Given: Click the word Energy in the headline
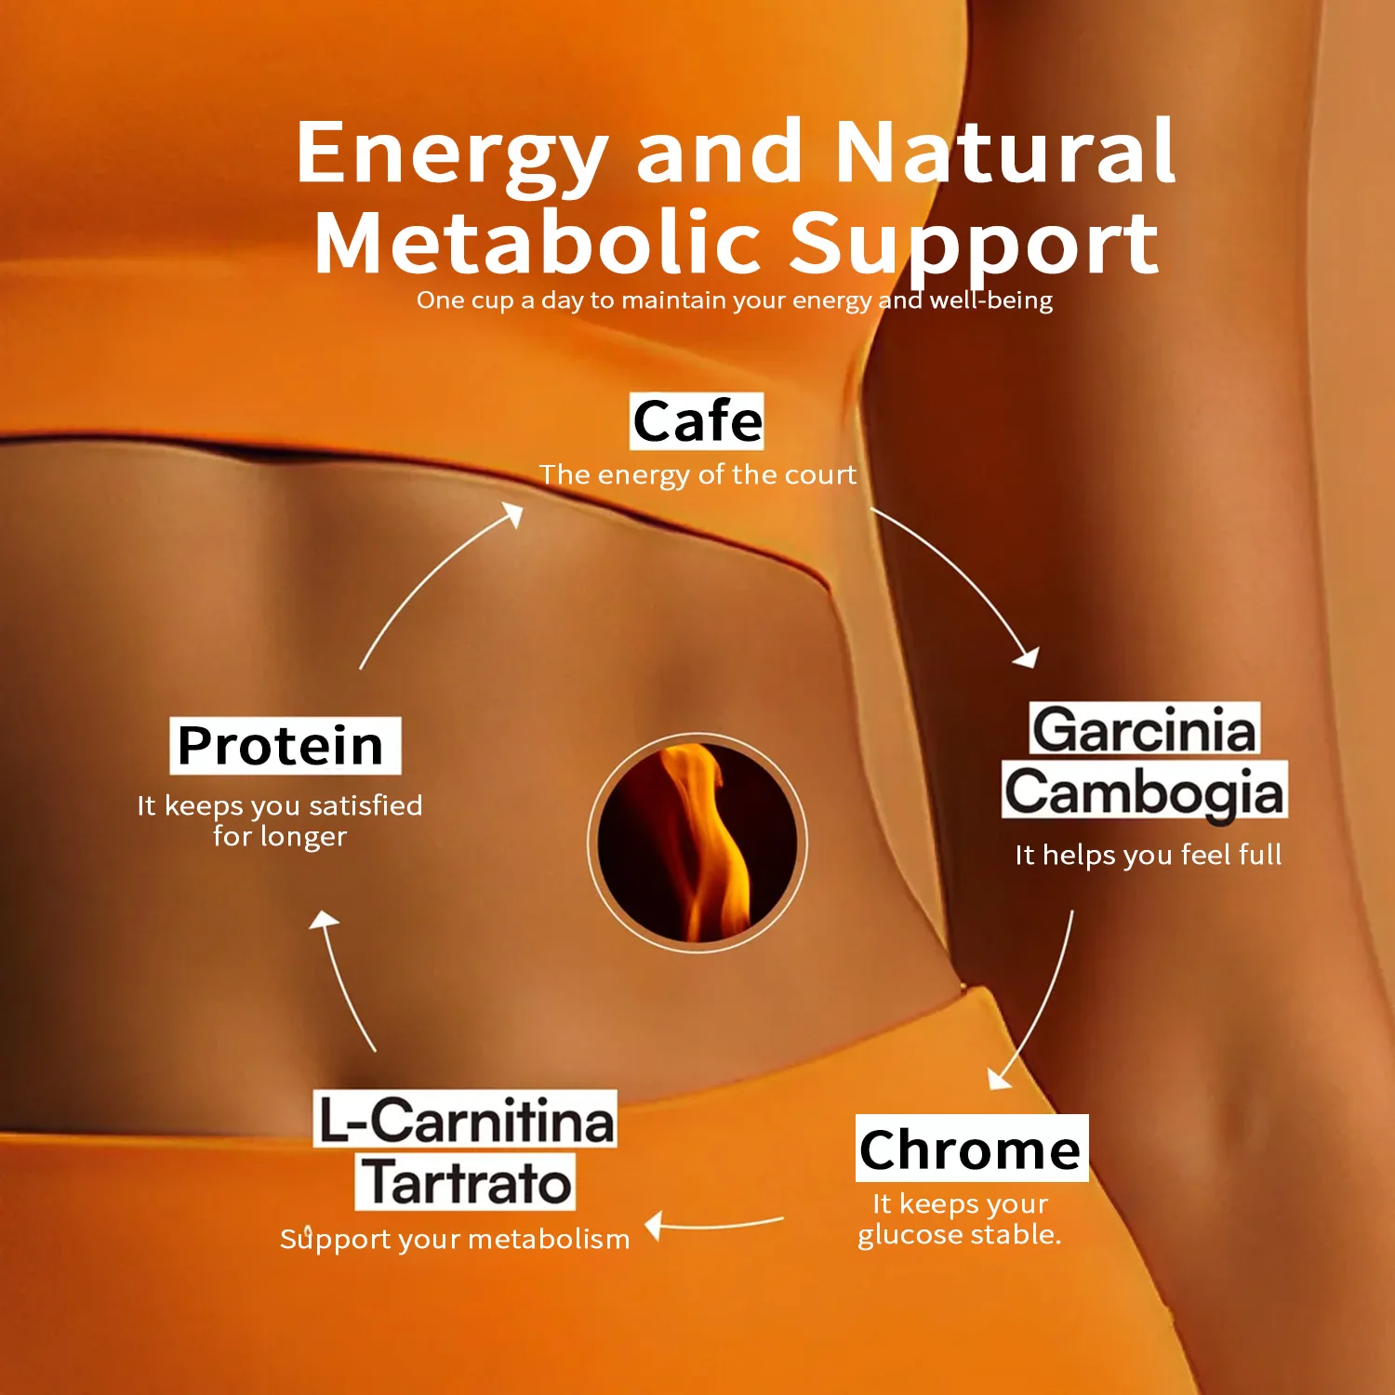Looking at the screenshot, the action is point(452,155).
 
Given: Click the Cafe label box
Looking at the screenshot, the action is point(697,421).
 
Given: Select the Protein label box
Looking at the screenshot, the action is point(286,745).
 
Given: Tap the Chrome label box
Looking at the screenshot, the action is point(972,1149).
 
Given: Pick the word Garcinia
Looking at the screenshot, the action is point(1145,729).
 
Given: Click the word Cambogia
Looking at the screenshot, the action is point(1145,791).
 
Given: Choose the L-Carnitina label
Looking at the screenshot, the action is point(465,1119).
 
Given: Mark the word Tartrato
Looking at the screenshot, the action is point(465,1182).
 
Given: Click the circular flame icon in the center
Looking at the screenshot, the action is point(697,844).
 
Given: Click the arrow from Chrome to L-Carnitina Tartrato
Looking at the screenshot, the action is point(714,1226).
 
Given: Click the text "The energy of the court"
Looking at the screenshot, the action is point(697,475).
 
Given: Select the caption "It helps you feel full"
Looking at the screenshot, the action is point(1149,856).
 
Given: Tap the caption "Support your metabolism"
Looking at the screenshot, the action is point(456,1240).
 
